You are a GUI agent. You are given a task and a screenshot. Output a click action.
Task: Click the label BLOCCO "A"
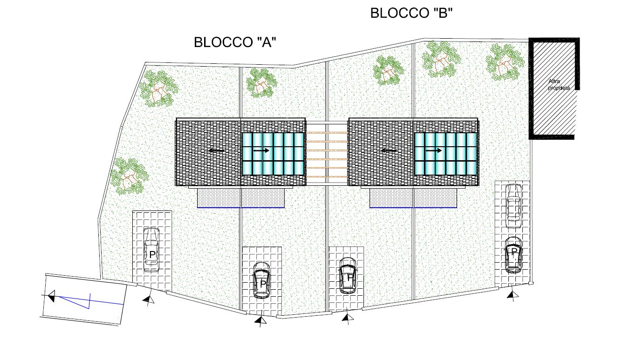(x=235, y=43)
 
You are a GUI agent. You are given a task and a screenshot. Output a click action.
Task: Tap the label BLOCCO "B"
(x=411, y=14)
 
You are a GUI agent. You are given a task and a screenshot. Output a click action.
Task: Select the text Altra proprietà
(x=559, y=84)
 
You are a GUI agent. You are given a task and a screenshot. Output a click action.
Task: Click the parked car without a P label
(x=514, y=205)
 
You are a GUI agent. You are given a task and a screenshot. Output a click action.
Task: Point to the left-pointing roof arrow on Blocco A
(x=217, y=151)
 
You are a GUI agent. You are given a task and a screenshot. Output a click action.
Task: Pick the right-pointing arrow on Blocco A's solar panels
(x=261, y=150)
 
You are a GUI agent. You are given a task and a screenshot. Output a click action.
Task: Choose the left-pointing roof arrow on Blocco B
(x=389, y=151)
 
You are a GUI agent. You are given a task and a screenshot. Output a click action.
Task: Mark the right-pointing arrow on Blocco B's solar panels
(x=433, y=150)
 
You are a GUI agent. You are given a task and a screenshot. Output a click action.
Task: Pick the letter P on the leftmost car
(x=152, y=255)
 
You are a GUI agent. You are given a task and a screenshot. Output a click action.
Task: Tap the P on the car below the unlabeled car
(x=514, y=251)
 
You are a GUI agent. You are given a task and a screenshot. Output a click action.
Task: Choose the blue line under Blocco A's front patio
(x=240, y=207)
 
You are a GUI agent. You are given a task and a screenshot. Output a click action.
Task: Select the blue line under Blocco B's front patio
(x=412, y=207)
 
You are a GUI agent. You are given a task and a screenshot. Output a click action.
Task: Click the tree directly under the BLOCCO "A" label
(x=261, y=83)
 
